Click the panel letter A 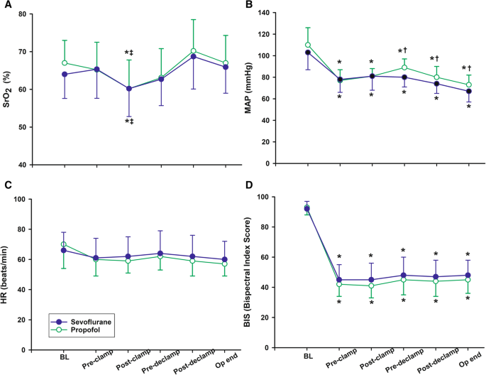6,6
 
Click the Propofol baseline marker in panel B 307,45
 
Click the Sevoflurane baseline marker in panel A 65,74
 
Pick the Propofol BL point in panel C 65,244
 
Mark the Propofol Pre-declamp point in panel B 404,67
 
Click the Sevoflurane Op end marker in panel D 468,275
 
